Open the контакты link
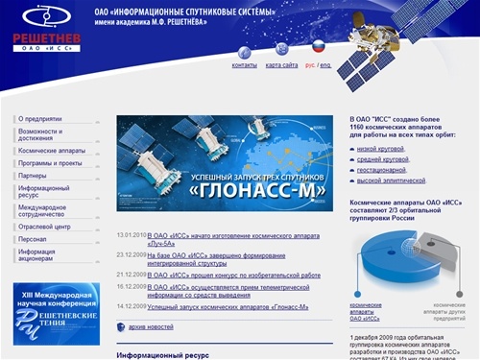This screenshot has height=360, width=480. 244,65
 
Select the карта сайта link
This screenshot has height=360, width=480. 281,65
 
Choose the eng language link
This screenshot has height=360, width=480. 325,65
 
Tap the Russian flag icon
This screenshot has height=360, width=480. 318,46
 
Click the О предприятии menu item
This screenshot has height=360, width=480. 39,118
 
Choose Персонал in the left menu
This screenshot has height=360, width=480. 33,239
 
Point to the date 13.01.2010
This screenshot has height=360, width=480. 131,235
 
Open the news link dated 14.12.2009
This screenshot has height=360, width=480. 228,307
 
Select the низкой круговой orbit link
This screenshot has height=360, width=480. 380,149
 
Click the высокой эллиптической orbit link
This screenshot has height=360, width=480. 391,180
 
